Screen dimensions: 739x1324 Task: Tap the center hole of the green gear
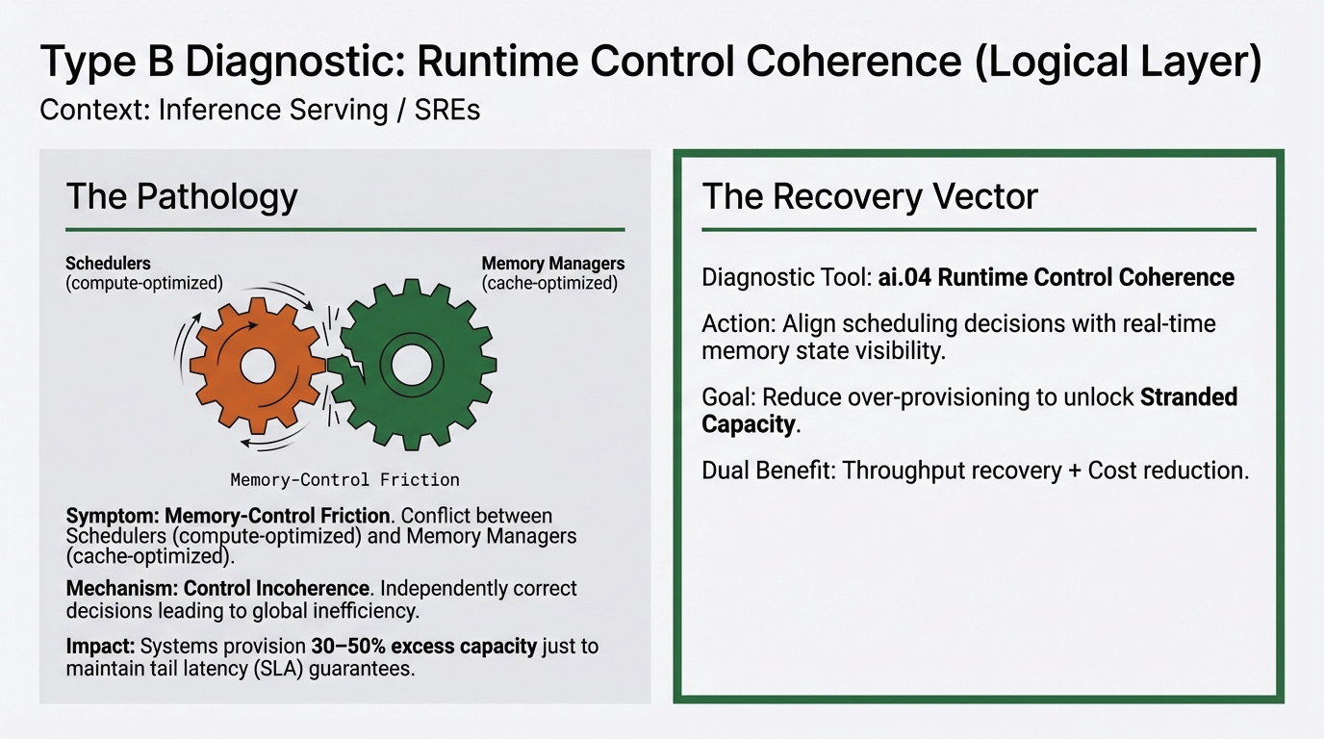tap(412, 363)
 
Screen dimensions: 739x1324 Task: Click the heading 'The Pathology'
tap(182, 196)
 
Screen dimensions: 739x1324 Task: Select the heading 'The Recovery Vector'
tap(870, 196)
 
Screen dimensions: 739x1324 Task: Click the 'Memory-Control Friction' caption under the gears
tap(344, 479)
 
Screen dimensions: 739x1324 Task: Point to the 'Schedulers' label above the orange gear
tap(108, 263)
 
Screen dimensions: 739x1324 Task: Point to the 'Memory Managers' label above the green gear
tap(552, 263)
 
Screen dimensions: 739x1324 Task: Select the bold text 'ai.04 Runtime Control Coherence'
tap(1056, 278)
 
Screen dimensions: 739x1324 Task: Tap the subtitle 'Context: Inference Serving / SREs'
tap(259, 111)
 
